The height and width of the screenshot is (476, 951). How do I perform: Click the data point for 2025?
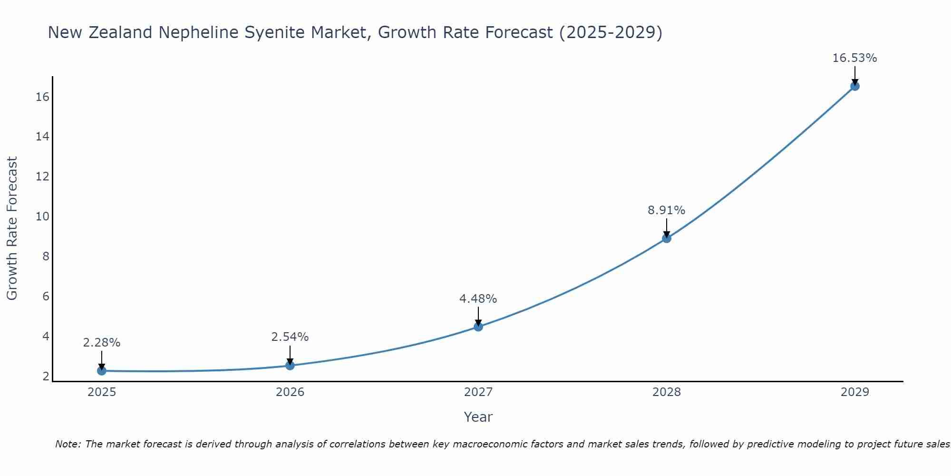[101, 370]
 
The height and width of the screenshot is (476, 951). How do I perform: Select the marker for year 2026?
[290, 365]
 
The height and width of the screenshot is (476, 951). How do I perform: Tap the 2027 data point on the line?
[478, 327]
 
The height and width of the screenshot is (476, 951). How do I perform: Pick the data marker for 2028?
[666, 238]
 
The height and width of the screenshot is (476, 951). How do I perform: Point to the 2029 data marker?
[854, 86]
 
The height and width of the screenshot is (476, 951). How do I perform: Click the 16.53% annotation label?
[854, 58]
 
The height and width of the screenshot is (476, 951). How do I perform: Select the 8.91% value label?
[666, 210]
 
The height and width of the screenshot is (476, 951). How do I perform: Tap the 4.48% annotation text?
[478, 298]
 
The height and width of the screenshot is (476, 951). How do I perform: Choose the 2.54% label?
[290, 337]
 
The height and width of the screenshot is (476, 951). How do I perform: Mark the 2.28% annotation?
[101, 342]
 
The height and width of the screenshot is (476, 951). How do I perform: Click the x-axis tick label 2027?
[478, 392]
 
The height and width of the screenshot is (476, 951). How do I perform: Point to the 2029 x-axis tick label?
[854, 392]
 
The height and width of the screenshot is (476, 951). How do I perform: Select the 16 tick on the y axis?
[42, 97]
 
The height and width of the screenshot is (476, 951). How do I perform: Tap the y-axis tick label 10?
[42, 217]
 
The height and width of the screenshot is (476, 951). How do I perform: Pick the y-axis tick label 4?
[46, 337]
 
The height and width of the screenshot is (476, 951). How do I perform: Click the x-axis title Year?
[478, 417]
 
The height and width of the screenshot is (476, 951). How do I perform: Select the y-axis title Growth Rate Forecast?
[12, 228]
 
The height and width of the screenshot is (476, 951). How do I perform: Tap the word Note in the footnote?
[67, 444]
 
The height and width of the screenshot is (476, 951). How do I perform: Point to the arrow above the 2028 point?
[666, 227]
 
